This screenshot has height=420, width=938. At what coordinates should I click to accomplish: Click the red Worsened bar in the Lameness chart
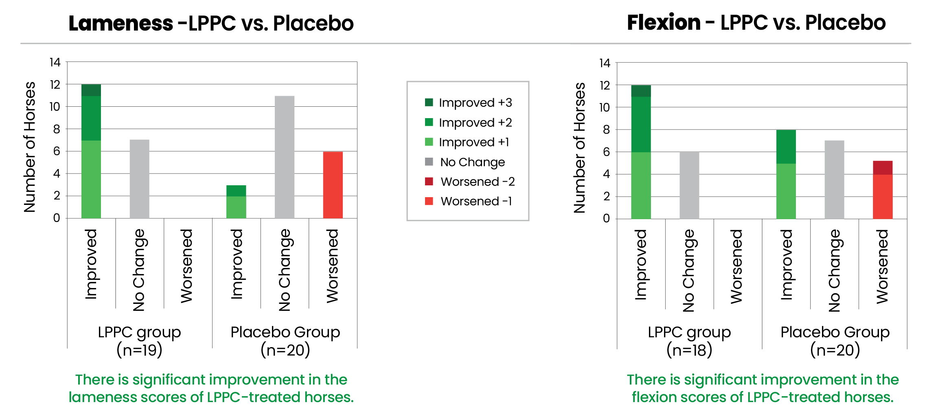tap(333, 185)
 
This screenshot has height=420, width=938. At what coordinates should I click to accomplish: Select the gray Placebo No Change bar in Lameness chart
tap(285, 157)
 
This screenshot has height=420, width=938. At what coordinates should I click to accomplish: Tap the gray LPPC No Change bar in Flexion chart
tap(689, 186)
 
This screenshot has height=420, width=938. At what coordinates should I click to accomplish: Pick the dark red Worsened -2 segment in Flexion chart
tap(883, 168)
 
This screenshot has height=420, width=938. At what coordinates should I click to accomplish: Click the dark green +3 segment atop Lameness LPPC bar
tap(91, 90)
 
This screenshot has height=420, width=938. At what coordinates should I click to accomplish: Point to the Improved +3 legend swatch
tap(429, 102)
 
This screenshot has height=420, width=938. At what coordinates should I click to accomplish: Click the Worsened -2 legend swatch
tap(429, 181)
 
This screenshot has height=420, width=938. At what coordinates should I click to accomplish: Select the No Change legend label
tap(472, 162)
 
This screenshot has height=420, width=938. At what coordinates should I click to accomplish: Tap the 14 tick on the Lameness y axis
tap(55, 62)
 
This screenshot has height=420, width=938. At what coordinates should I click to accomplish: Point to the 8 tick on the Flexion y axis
tap(606, 130)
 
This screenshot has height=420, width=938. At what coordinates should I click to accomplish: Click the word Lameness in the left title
tap(121, 23)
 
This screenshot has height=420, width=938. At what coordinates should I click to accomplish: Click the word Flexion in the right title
tap(664, 22)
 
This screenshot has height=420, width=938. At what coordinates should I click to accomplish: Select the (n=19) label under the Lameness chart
tap(139, 350)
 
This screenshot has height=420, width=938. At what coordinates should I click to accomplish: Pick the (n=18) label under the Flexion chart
tap(689, 350)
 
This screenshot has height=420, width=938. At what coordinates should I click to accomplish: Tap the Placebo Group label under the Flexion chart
tap(835, 332)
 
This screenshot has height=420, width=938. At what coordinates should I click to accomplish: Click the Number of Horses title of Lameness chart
tap(30, 147)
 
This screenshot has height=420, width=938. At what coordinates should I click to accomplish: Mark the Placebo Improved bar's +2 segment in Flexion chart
tap(786, 147)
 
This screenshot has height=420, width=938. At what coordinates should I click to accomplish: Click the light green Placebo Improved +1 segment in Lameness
tap(236, 207)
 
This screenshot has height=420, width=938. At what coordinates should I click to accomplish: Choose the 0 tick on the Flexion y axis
tap(606, 219)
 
